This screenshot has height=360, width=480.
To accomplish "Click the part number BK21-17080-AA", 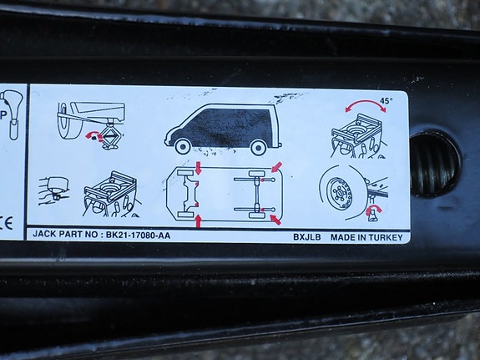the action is [x=138, y=235].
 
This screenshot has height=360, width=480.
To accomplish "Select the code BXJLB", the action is [x=306, y=237].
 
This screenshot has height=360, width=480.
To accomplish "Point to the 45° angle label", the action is [x=387, y=100].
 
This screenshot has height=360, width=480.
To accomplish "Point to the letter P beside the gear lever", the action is [x=3, y=115].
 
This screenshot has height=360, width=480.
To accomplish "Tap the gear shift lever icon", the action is [x=13, y=114].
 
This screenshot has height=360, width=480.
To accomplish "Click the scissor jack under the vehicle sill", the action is [x=110, y=137].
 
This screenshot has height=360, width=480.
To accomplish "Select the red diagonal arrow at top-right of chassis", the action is [x=276, y=167].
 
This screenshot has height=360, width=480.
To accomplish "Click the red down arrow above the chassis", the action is [x=199, y=168].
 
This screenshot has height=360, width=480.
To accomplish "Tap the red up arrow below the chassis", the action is [x=199, y=221].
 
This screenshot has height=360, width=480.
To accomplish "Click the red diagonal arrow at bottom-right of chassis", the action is [x=275, y=220].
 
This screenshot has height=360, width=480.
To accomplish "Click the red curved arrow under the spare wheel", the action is [x=373, y=210].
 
